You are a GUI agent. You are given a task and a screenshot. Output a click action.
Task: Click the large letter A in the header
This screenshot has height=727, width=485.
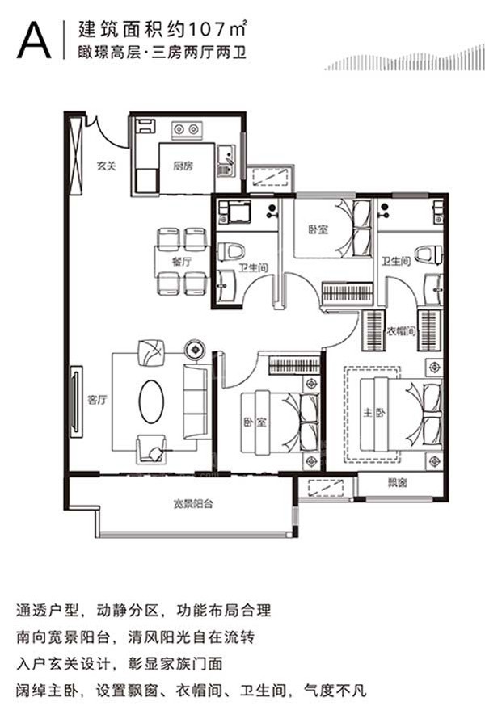[34, 40]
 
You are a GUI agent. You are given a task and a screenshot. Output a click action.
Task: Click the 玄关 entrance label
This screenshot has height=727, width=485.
[106, 166]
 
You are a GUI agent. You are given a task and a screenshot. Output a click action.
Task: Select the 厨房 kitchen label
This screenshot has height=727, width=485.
[183, 166]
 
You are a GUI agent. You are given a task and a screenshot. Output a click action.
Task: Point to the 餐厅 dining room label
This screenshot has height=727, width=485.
[181, 262]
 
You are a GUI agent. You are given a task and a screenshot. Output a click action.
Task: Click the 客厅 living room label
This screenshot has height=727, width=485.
[97, 399]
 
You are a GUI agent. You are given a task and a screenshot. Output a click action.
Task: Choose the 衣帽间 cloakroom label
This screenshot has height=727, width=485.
[401, 331]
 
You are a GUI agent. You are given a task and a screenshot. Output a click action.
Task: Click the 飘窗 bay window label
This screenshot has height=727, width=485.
[397, 483]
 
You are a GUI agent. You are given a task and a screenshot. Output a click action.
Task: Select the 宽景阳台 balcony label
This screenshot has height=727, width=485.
[193, 503]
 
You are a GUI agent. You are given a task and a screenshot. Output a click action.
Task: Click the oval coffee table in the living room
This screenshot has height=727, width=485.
[151, 401]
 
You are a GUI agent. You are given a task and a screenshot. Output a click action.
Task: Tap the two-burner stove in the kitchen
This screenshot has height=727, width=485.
[187, 130]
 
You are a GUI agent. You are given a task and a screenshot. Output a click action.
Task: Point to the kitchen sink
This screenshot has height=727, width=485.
[226, 161]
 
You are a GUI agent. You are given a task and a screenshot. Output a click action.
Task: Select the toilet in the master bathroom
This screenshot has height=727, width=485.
[429, 254]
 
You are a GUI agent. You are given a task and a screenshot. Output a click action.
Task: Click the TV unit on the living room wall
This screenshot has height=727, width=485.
[76, 401]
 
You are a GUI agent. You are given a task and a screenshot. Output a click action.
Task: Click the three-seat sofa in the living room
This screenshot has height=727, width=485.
[196, 401]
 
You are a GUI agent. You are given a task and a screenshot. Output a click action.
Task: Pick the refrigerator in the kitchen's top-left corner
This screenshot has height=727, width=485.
[146, 126]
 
